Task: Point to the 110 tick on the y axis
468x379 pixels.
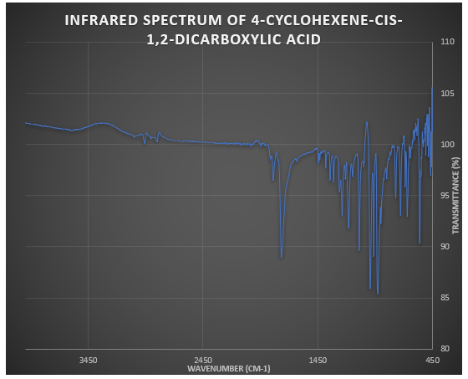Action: click(x=446, y=42)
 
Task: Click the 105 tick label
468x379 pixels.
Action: click(x=446, y=93)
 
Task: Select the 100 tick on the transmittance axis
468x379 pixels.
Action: click(x=446, y=145)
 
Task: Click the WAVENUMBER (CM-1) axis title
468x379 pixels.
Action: click(x=229, y=368)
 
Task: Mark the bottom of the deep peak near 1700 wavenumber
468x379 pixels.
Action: click(x=282, y=257)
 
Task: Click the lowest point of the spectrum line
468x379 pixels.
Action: click(x=378, y=294)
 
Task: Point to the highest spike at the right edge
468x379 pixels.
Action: click(x=431, y=87)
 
